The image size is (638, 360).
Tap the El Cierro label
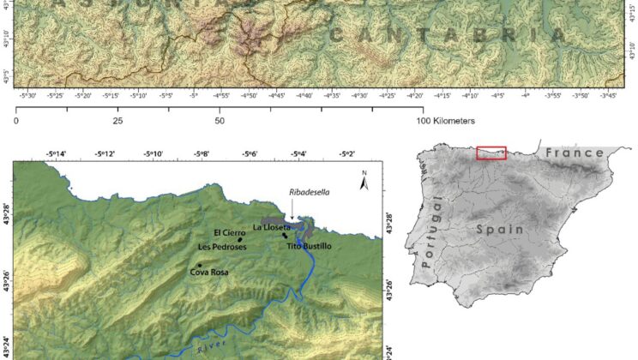229,233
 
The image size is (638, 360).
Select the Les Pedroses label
222,247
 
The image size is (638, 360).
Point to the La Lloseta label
272,228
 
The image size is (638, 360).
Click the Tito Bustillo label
309,247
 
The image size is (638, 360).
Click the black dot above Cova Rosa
199,265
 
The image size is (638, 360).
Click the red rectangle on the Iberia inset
491,153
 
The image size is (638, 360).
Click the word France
570,153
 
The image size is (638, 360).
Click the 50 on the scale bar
220,122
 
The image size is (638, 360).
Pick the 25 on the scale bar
118,122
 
